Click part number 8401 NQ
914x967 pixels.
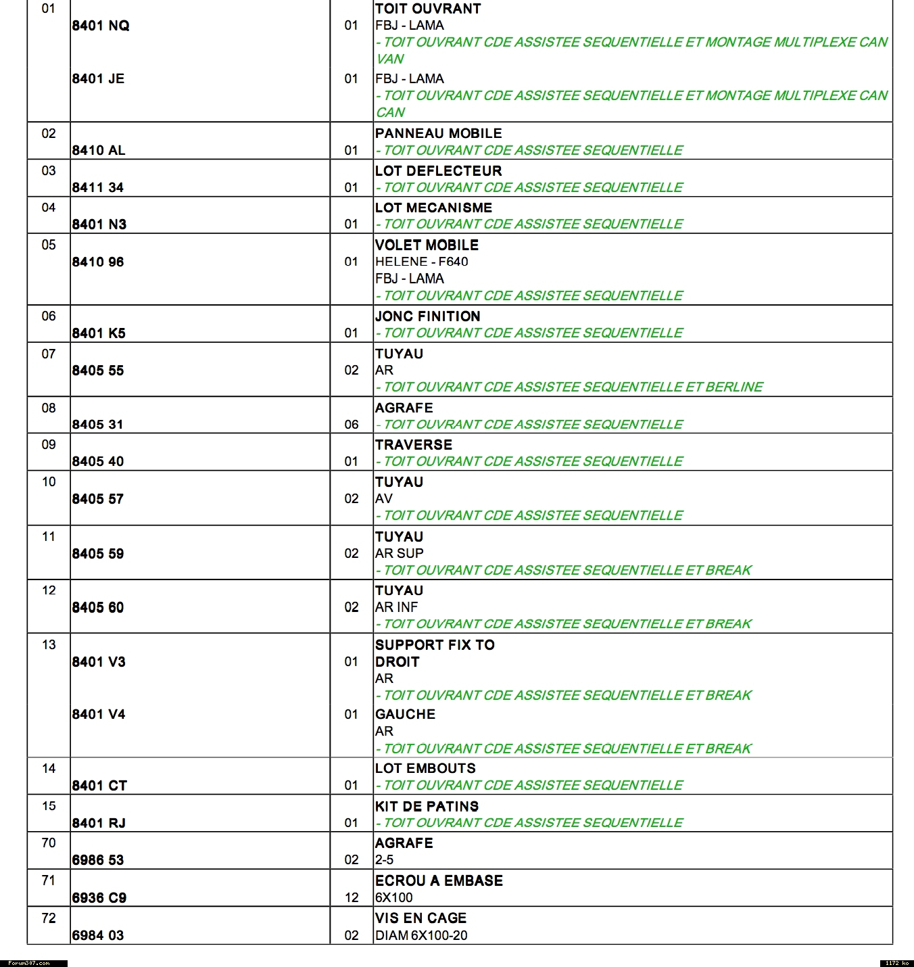click(x=101, y=26)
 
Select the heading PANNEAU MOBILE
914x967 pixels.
click(x=438, y=133)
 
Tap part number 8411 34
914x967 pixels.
click(x=98, y=187)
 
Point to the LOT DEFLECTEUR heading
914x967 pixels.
click(x=438, y=170)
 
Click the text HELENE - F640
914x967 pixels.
click(x=421, y=262)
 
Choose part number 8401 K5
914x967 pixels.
click(x=99, y=333)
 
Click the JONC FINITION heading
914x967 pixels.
click(x=427, y=316)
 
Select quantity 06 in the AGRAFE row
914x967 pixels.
click(x=352, y=424)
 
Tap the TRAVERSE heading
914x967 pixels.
click(x=413, y=444)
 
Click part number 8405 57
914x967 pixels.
click(x=98, y=499)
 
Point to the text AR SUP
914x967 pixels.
click(x=399, y=553)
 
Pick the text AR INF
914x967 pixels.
click(x=396, y=607)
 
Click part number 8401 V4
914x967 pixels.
click(x=99, y=714)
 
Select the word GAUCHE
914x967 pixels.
click(x=405, y=714)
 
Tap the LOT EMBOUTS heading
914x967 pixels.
click(x=425, y=768)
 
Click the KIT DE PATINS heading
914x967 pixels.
click(x=427, y=806)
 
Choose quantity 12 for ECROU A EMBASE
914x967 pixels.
click(x=352, y=897)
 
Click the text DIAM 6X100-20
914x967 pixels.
click(x=421, y=935)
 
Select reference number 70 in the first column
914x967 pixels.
click(x=49, y=843)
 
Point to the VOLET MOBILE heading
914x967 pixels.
click(x=427, y=245)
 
